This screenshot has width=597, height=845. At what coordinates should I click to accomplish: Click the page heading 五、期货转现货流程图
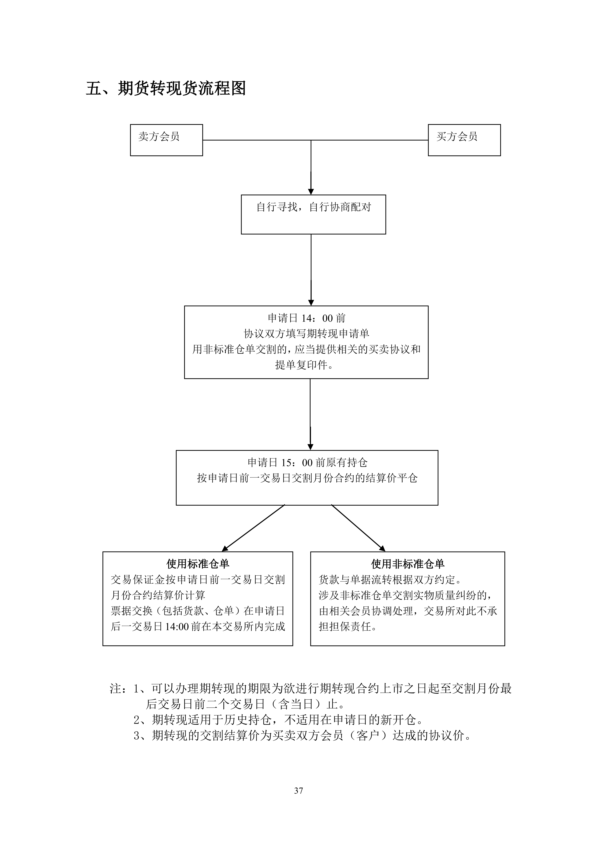166,89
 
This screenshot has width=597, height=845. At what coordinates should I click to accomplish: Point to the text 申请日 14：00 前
306,318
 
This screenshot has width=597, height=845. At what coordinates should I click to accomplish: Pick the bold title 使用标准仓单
198,563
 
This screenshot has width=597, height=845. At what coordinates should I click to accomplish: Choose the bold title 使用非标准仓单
408,563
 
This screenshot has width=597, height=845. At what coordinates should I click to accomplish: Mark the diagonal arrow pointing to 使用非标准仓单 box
358,528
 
